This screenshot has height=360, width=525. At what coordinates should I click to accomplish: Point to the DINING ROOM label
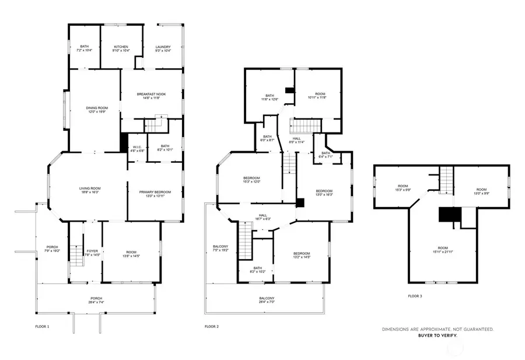(x=97, y=109)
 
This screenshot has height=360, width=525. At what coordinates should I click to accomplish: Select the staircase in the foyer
(x=74, y=254)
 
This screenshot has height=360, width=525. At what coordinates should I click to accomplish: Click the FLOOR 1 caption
(x=41, y=326)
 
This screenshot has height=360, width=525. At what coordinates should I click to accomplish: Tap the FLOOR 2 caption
(x=211, y=326)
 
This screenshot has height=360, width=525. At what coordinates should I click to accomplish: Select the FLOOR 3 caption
(x=415, y=296)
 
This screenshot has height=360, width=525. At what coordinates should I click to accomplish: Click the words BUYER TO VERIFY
(x=437, y=335)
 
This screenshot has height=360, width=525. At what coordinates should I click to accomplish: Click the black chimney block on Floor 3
(x=447, y=215)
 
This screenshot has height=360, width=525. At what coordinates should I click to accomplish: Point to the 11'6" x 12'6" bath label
(x=269, y=97)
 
